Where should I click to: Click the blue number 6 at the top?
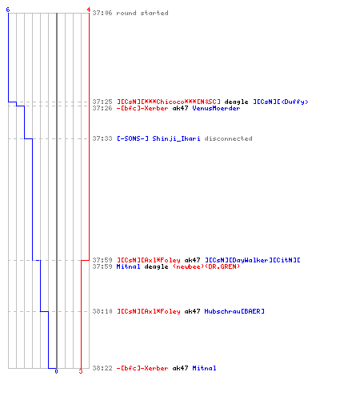coord(8,10)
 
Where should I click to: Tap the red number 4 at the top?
coord(89,10)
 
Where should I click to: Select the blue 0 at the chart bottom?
coord(56,371)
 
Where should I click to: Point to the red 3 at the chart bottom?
coord(81,371)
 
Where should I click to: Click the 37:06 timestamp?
coord(102,13)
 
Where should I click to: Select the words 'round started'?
coord(142,13)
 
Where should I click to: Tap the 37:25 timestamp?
coord(102,102)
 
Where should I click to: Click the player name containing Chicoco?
coord(169,102)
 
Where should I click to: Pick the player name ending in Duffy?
coord(281,102)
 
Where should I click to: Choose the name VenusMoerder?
coord(216,108)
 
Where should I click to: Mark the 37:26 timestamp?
coord(102,108)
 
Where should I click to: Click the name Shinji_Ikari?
coord(176,138)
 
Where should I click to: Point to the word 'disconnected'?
coord(228,138)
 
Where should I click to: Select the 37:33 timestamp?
coord(102,138)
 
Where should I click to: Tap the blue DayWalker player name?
coord(253,260)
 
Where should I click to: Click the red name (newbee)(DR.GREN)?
coord(206,266)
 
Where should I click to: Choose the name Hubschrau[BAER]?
coord(234,311)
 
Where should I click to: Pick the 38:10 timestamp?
coord(102,311)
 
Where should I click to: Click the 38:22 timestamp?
coord(102,368)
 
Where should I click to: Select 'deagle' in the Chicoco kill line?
coord(236,102)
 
